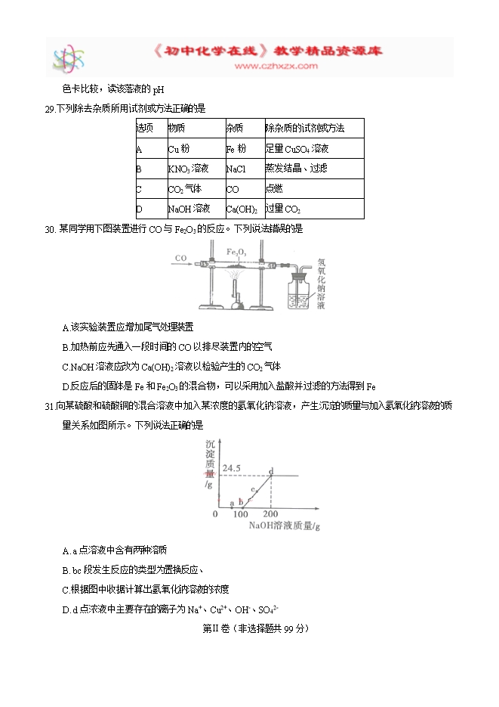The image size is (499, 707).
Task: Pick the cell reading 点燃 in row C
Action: [274, 189]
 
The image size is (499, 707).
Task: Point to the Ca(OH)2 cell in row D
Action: [242, 209]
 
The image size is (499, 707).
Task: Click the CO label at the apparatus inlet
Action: [180, 259]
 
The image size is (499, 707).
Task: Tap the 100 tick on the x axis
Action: [241, 514]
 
